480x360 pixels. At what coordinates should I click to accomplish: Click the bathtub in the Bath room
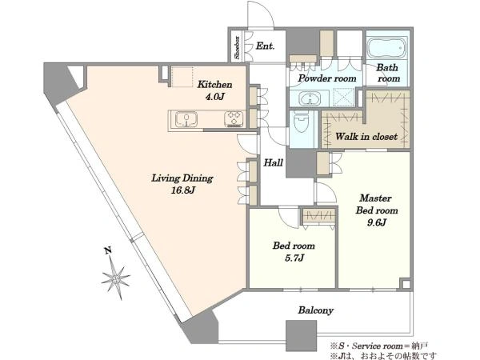click(387, 48)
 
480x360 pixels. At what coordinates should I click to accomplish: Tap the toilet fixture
click(302, 122)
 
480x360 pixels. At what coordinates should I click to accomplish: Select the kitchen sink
click(186, 119)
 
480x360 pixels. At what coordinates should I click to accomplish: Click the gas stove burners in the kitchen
click(234, 118)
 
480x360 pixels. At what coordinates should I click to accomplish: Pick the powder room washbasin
click(310, 98)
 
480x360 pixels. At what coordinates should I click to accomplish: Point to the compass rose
click(116, 278)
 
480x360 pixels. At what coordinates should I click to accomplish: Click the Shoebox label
click(237, 47)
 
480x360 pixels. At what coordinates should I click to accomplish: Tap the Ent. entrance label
click(265, 46)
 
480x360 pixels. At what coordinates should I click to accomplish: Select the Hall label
click(273, 162)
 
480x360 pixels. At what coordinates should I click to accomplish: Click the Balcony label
click(316, 310)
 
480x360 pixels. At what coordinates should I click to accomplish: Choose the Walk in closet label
click(366, 136)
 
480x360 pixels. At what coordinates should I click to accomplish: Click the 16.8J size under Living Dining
click(182, 190)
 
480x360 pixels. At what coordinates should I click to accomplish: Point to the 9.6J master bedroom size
click(377, 222)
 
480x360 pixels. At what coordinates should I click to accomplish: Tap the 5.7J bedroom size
click(294, 258)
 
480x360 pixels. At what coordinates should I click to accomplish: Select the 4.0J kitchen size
click(214, 97)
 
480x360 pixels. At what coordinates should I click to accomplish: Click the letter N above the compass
click(107, 250)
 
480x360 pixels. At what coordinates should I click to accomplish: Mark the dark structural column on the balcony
click(301, 335)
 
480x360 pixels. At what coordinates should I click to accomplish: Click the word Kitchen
click(214, 85)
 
